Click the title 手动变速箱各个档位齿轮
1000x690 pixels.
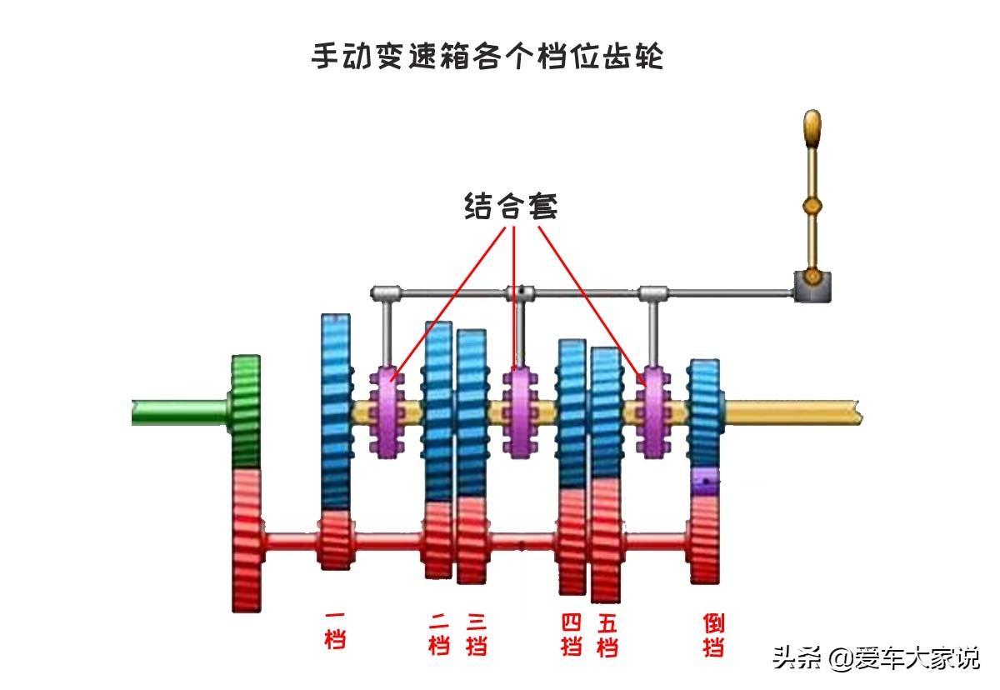point(487,57)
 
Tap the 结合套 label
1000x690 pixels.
point(511,206)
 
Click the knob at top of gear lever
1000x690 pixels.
point(812,128)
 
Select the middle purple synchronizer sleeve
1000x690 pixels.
point(520,412)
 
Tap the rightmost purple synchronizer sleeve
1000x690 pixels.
point(652,412)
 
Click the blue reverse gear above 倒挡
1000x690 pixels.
point(705,412)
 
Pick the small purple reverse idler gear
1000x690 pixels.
point(705,481)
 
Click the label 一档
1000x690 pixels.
point(335,631)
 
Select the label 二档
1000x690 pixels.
point(438,634)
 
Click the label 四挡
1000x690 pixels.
point(572,634)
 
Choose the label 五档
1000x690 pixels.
point(607,634)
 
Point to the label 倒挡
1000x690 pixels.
point(713,634)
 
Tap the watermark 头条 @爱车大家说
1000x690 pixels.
point(875,658)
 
